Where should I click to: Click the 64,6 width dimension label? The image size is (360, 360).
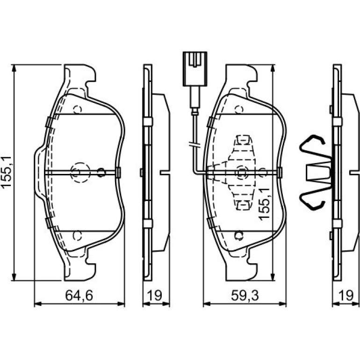[x=79, y=295]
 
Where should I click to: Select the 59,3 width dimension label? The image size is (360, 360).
[x=245, y=295]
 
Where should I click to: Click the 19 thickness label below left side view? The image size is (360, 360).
[x=154, y=295]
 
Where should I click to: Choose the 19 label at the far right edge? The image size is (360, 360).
[x=346, y=295]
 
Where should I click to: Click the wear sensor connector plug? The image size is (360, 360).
[x=195, y=69]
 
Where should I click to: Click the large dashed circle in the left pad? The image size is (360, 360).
[x=80, y=173]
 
